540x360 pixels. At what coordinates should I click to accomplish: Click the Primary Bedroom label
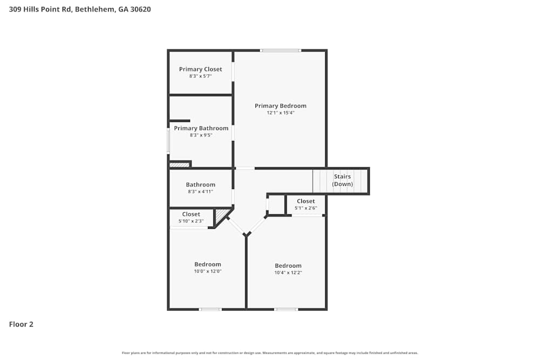(280, 106)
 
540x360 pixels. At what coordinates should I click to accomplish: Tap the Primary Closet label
(200, 69)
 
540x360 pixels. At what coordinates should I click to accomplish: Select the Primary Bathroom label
(201, 128)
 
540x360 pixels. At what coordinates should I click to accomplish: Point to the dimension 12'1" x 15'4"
(280, 113)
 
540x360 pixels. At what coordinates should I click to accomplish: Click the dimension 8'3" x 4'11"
(201, 192)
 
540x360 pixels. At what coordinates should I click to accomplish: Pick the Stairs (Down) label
(342, 180)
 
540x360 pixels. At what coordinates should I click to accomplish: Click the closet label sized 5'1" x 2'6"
(306, 201)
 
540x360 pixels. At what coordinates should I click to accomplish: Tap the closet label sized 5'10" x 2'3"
(191, 214)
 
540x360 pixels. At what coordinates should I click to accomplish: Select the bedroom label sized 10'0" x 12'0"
(208, 264)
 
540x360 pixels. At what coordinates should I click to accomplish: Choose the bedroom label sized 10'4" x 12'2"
(288, 266)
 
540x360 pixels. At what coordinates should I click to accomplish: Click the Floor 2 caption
(21, 324)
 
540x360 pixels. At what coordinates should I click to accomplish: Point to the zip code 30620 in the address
(140, 9)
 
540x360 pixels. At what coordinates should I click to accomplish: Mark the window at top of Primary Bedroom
(280, 51)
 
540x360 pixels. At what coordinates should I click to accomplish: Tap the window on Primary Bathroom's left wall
(168, 140)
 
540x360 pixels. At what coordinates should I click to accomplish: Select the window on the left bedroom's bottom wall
(210, 309)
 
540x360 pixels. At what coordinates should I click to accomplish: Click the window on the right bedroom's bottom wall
(286, 309)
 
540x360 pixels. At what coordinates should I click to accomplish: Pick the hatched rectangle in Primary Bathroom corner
(178, 165)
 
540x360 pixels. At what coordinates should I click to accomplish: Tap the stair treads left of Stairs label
(321, 181)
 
